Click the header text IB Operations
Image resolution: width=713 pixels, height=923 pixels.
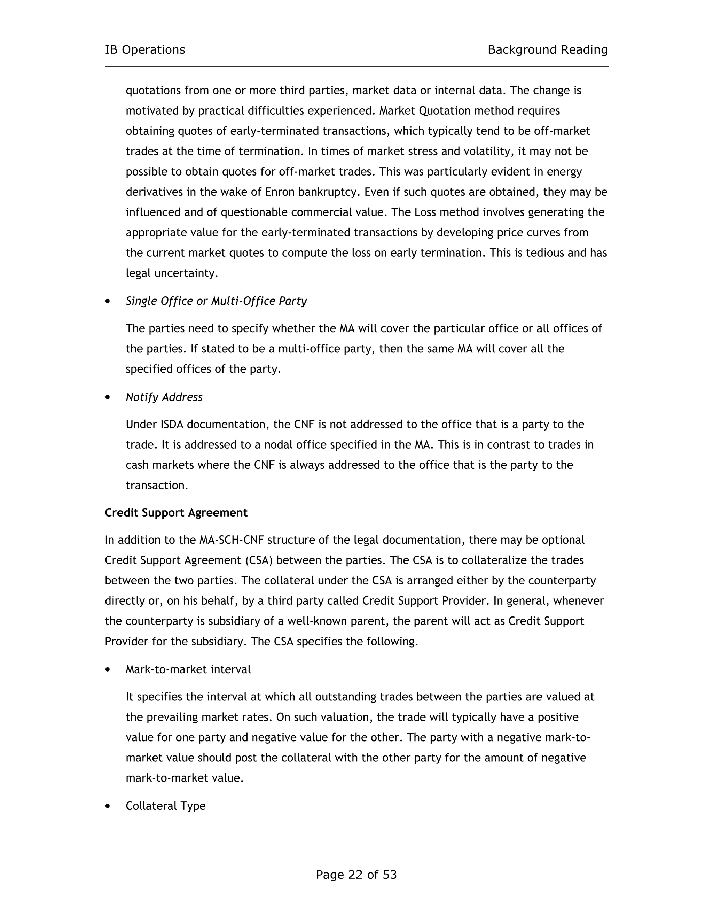(145, 50)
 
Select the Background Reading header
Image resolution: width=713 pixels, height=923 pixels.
(547, 50)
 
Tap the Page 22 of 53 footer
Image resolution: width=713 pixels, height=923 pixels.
(356, 874)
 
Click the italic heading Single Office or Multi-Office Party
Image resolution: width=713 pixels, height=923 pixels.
(216, 301)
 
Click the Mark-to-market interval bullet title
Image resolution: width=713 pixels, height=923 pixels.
(188, 669)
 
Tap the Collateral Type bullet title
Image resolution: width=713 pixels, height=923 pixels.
(166, 806)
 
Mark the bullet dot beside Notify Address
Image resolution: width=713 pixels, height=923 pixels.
(108, 397)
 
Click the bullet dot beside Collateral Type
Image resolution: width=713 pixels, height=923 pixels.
(108, 806)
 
